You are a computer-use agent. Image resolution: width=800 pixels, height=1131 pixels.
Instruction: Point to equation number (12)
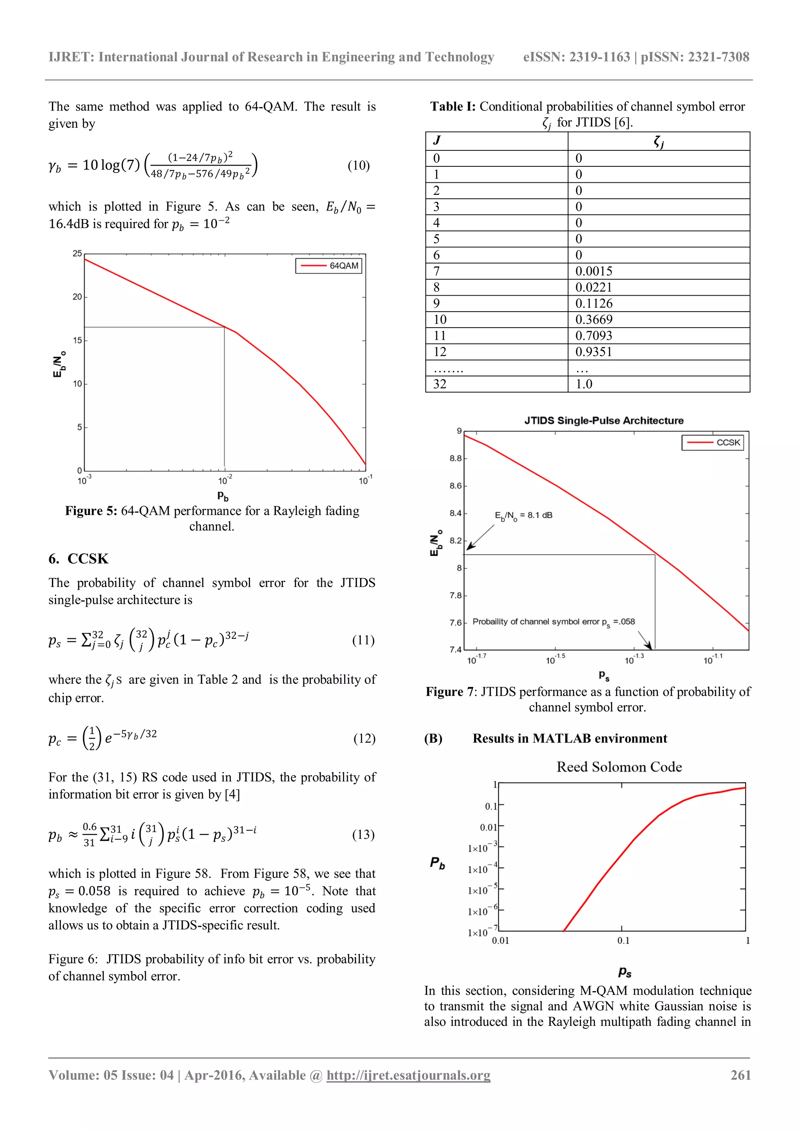click(x=364, y=739)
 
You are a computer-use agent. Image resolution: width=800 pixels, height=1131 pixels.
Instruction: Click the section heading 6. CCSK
click(x=79, y=558)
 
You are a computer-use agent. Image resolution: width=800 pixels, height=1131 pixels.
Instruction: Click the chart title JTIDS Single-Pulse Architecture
click(x=604, y=421)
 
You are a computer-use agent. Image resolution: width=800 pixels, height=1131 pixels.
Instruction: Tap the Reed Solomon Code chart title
click(x=619, y=767)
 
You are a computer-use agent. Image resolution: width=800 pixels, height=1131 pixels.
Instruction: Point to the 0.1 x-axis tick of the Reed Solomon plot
click(x=623, y=940)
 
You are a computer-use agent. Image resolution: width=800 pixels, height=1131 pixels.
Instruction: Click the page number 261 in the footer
click(x=740, y=1075)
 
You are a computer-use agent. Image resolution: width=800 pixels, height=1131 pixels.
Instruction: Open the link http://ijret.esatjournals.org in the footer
click(x=408, y=1075)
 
